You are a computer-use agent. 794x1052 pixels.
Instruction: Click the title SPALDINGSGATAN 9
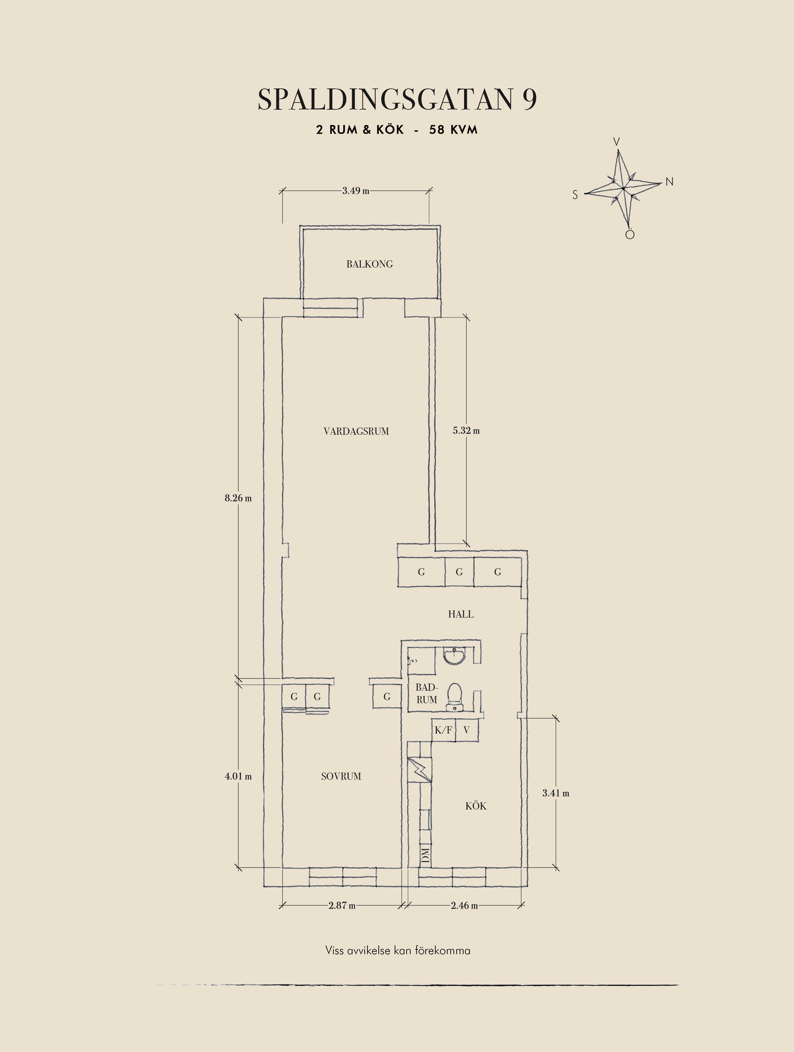pyautogui.click(x=397, y=99)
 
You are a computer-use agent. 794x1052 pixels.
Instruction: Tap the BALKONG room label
pyautogui.click(x=370, y=264)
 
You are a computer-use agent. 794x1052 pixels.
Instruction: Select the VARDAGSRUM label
pyautogui.click(x=356, y=431)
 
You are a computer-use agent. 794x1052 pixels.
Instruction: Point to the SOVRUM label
pyautogui.click(x=341, y=776)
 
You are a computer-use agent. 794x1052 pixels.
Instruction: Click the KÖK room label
pyautogui.click(x=475, y=805)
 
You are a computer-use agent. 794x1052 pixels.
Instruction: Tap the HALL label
pyautogui.click(x=461, y=614)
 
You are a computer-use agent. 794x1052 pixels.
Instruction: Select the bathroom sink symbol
pyautogui.click(x=454, y=655)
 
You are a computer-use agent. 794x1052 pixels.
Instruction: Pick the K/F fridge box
pyautogui.click(x=444, y=730)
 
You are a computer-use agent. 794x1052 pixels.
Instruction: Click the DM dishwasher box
pyautogui.click(x=425, y=854)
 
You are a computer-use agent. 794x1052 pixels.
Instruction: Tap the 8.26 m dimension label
pyautogui.click(x=238, y=499)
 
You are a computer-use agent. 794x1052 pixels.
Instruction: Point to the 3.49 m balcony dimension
pyautogui.click(x=356, y=191)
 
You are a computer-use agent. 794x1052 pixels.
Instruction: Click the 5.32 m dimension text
pyautogui.click(x=466, y=431)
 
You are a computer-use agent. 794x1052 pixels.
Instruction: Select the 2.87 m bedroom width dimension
pyautogui.click(x=342, y=906)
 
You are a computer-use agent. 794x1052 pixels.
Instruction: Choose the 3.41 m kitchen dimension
pyautogui.click(x=556, y=793)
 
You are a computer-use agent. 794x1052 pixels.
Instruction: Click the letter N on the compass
pyautogui.click(x=670, y=182)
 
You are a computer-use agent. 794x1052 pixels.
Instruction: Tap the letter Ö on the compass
pyautogui.click(x=630, y=234)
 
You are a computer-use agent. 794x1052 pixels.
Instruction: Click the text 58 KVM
pyautogui.click(x=453, y=130)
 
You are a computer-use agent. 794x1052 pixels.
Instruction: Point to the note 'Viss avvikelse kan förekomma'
pyautogui.click(x=398, y=951)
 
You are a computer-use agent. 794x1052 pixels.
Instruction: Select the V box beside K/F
pyautogui.click(x=467, y=730)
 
